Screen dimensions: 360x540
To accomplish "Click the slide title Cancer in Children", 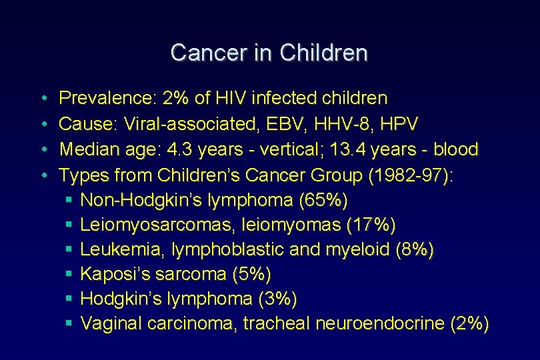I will (269, 53).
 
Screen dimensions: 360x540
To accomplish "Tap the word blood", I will (457, 149).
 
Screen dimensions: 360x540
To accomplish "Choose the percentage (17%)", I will (371, 225).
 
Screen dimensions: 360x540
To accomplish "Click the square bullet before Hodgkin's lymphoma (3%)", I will (69, 299).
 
